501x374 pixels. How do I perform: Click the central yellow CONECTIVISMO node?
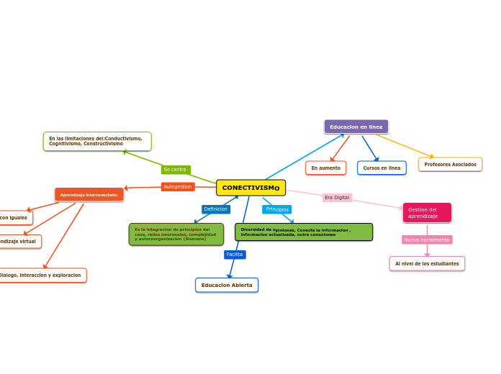click(x=250, y=188)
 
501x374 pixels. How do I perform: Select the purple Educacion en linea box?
click(x=356, y=127)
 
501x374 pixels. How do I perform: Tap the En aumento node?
click(x=325, y=168)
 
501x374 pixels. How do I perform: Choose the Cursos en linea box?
click(x=382, y=168)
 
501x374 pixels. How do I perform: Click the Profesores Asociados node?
click(x=450, y=164)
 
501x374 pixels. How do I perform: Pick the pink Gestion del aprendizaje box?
click(x=427, y=213)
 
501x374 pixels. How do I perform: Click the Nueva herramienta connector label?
click(x=427, y=240)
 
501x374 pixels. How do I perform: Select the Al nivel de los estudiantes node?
click(x=427, y=263)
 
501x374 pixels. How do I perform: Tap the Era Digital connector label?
click(x=337, y=197)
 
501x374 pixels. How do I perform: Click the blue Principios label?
click(x=277, y=209)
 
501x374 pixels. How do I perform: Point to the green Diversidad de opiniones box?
click(x=303, y=232)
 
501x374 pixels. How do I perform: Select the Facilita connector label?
click(x=235, y=254)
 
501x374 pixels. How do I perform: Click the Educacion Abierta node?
click(x=227, y=285)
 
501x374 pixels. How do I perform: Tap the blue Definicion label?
click(x=216, y=209)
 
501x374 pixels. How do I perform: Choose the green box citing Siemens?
click(x=176, y=234)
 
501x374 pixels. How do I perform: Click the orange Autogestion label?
click(x=178, y=187)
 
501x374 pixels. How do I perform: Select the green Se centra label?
click(x=175, y=170)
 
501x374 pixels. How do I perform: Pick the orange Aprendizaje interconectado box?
click(x=89, y=194)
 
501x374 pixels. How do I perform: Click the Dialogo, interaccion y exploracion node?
click(x=42, y=275)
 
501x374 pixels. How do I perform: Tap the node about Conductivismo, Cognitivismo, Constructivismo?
click(x=96, y=141)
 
